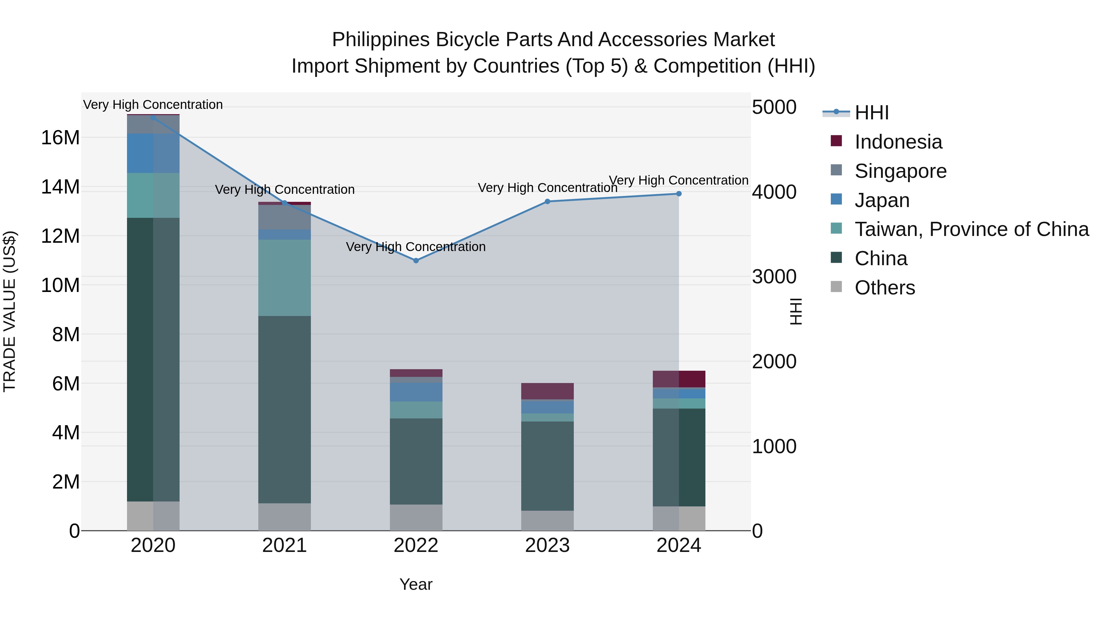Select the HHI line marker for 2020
point(153,118)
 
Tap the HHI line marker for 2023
point(547,202)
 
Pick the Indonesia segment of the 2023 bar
point(547,391)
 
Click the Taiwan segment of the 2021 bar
point(284,278)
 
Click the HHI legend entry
point(871,113)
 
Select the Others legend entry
point(884,288)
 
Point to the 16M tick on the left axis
point(60,138)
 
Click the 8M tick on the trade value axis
point(66,334)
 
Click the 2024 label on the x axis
point(679,545)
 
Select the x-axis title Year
point(415,584)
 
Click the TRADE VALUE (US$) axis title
point(10,311)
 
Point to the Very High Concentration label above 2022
point(415,247)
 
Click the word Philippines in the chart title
point(381,40)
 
